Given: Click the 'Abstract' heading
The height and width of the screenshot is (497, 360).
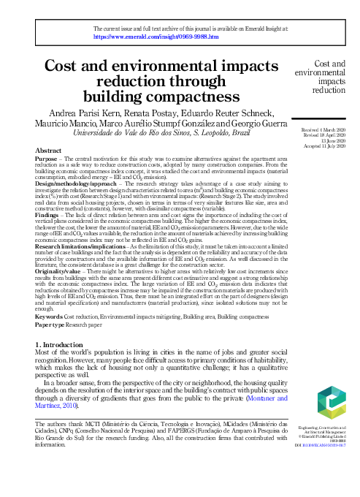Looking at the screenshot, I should pyautogui.click(x=48, y=150).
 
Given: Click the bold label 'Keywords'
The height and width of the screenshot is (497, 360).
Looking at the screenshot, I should pyautogui.click(x=49, y=315).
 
